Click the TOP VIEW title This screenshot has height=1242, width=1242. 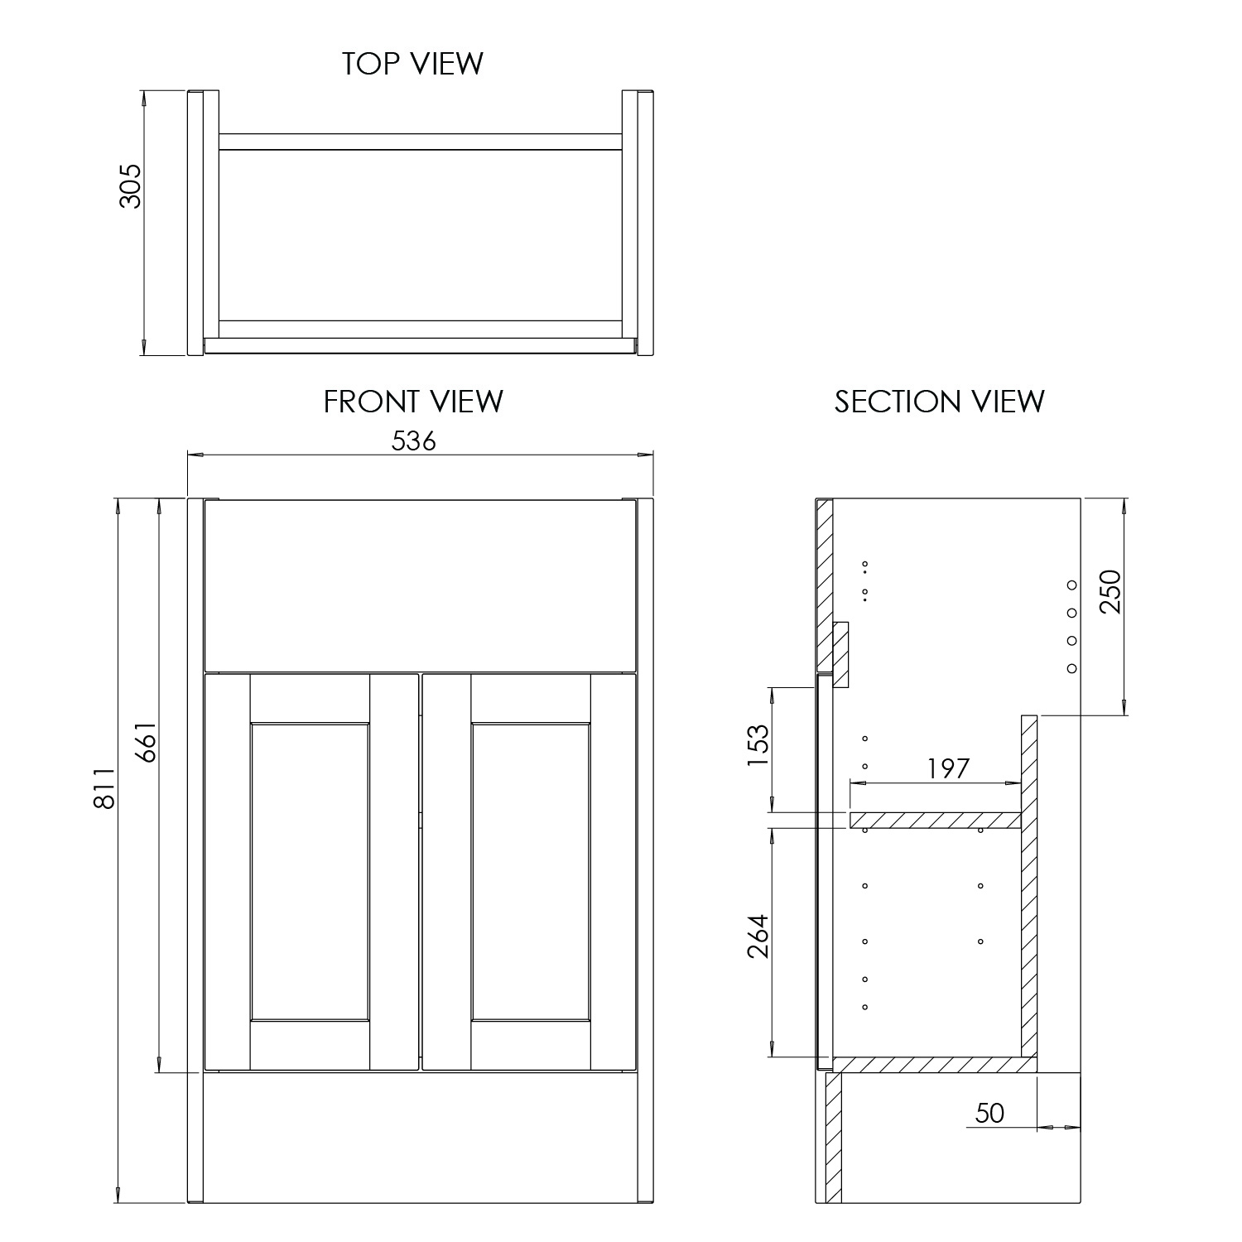coord(413,64)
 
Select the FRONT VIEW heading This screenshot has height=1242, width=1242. coord(413,402)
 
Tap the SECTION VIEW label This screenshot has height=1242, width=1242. coord(939,402)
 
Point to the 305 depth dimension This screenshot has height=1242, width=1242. coord(131,185)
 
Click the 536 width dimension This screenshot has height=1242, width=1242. coord(413,441)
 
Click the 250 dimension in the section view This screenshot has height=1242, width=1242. coord(1110,591)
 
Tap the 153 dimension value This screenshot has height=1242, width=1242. coord(758,745)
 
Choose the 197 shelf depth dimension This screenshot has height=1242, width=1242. coord(948,768)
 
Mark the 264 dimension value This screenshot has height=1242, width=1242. coord(758,936)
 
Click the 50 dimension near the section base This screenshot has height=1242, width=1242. coord(989,1114)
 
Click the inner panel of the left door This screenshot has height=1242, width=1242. coord(310,871)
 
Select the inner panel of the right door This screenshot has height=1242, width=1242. coord(531,871)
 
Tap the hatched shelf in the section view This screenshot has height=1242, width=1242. coord(936,820)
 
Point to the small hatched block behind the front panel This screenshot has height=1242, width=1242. coord(841,655)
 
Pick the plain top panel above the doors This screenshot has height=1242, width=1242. coord(420,585)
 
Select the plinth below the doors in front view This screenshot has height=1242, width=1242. coord(420,1138)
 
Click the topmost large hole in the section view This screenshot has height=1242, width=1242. coord(1071,585)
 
